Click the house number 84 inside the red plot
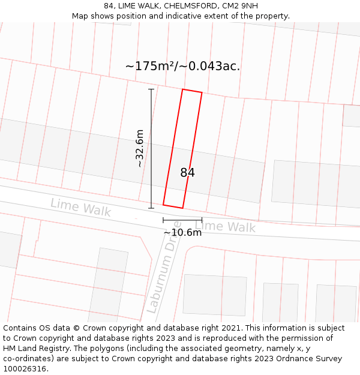187,173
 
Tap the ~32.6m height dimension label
139,148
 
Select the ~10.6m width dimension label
182,233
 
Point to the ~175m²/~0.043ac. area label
182,67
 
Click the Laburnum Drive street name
163,275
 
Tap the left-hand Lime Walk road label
81,208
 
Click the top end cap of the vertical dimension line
151,89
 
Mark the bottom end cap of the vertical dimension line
151,208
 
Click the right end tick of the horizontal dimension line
202,220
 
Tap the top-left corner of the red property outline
182,90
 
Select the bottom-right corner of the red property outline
182,208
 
